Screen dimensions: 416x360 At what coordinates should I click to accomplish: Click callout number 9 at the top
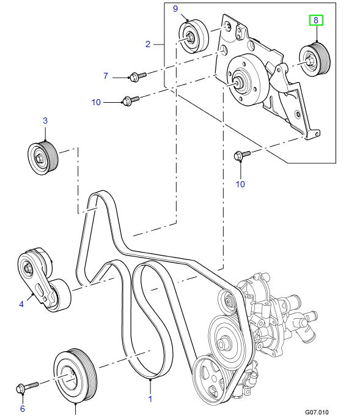pos(175,9)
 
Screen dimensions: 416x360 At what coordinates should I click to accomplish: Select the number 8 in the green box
pos(316,21)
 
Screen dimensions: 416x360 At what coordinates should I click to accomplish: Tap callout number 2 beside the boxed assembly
pos(148,44)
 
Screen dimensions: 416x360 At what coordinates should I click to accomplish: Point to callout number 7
pos(105,76)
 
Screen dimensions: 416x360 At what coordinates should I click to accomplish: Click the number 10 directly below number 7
pos(96,102)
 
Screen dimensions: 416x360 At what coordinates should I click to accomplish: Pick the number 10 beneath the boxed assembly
pos(240,184)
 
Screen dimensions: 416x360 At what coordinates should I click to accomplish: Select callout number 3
pos(45,121)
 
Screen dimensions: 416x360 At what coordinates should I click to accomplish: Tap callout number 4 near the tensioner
pos(21,302)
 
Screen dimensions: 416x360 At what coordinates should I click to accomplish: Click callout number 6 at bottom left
pos(23,409)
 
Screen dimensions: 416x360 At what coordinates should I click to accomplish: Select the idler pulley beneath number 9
pos(193,37)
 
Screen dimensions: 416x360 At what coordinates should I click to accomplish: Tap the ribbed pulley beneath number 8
pos(315,59)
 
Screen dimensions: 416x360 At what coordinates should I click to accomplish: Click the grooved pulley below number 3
pos(42,157)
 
